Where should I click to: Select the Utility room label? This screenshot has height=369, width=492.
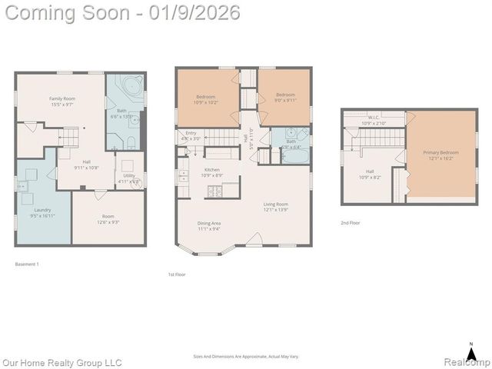point(128,176)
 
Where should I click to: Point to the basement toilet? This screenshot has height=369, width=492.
point(131,141)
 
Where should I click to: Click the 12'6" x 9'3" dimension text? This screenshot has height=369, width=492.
point(108,222)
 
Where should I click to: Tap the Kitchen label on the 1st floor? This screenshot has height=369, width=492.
point(212,170)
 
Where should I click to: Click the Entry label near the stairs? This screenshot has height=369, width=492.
point(191,133)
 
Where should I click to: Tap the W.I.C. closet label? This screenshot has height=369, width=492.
point(376,118)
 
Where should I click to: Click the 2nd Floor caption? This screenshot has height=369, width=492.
point(351,223)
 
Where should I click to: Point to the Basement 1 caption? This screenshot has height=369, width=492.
point(27,264)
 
